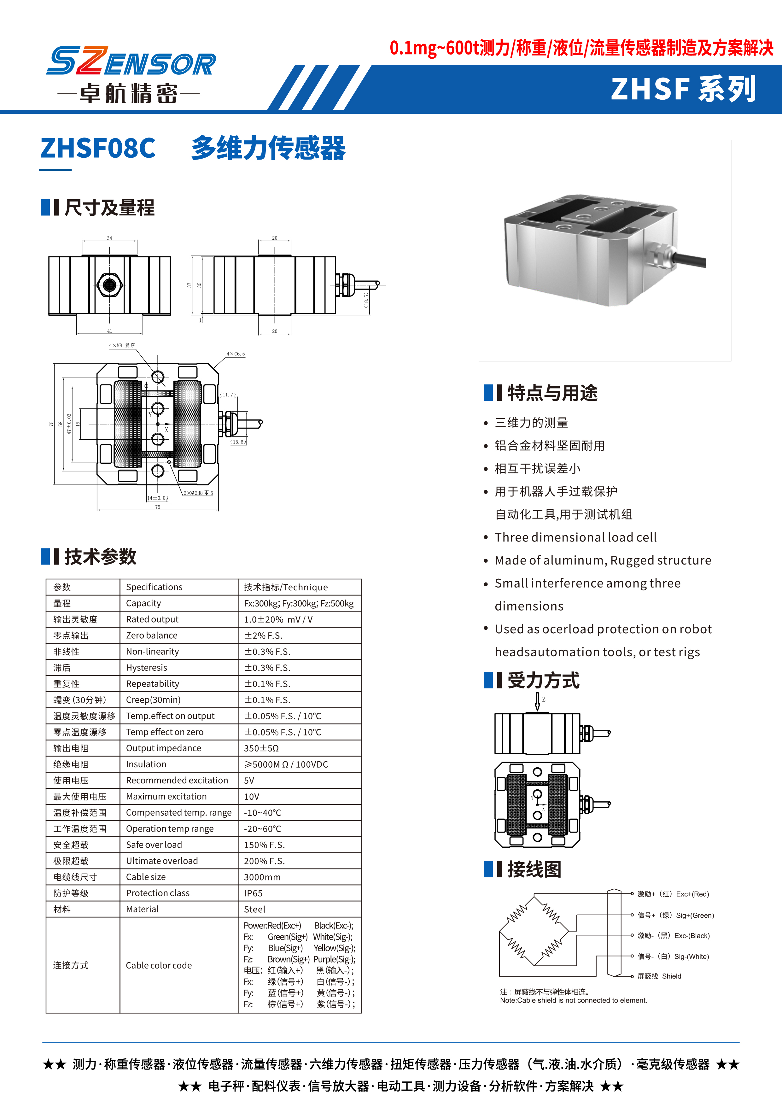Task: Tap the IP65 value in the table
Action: tap(253, 893)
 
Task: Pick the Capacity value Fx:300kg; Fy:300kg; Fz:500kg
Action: tap(299, 603)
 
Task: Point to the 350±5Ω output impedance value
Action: tap(261, 748)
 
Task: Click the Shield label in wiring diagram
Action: tap(671, 976)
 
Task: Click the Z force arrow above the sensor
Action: tap(538, 702)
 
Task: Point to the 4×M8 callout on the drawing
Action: tap(122, 345)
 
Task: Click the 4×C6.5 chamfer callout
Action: tap(236, 354)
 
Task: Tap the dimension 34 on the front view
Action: tap(109, 238)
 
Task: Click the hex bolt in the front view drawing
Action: tap(109, 285)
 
